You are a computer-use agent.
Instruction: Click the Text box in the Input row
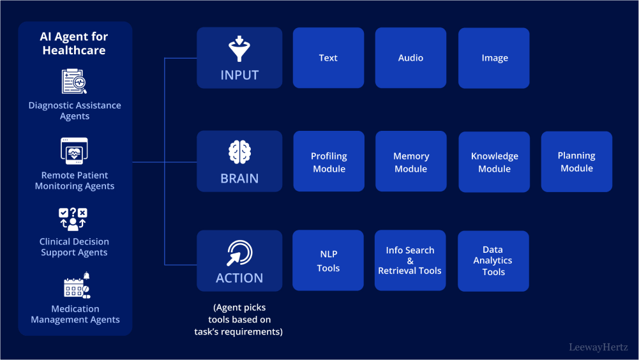328,57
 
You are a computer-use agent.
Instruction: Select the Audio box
410,57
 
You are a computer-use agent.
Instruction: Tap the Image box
494,58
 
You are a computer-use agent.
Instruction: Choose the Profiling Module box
329,161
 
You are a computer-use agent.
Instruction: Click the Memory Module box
410,161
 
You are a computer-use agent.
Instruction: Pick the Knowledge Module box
494,162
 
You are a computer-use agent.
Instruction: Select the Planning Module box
576,161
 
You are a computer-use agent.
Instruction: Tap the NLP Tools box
328,260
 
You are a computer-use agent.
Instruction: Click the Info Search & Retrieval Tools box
410,260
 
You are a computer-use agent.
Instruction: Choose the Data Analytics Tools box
493,261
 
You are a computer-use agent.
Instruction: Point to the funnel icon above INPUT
239,49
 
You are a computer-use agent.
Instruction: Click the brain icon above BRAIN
239,153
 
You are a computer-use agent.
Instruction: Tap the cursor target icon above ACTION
239,253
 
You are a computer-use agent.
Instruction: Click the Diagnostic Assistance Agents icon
75,82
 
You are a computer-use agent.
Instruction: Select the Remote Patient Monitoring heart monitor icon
75,151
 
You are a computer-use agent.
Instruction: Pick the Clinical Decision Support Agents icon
74,219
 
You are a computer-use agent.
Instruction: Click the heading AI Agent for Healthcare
74,43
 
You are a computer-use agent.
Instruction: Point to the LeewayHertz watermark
598,347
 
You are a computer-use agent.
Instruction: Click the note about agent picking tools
239,319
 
